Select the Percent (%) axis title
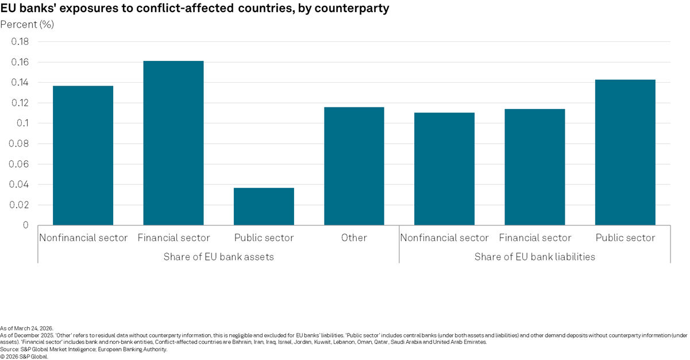[x=27, y=24]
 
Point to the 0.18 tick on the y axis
[x=20, y=42]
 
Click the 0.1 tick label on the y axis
[x=23, y=123]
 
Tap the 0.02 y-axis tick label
[x=20, y=205]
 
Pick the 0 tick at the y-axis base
[x=25, y=225]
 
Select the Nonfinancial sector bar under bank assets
[x=83, y=155]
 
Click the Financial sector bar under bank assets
[x=174, y=143]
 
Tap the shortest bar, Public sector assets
[x=264, y=206]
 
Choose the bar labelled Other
[x=354, y=166]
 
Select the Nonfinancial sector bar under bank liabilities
[x=444, y=169]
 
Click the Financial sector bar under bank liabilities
[x=535, y=167]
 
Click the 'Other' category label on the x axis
[x=354, y=238]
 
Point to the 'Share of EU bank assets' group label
[x=218, y=257]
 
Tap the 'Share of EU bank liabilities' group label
[x=534, y=257]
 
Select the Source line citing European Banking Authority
[x=83, y=349]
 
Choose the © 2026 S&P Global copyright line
[x=25, y=356]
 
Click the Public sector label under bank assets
[x=264, y=238]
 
